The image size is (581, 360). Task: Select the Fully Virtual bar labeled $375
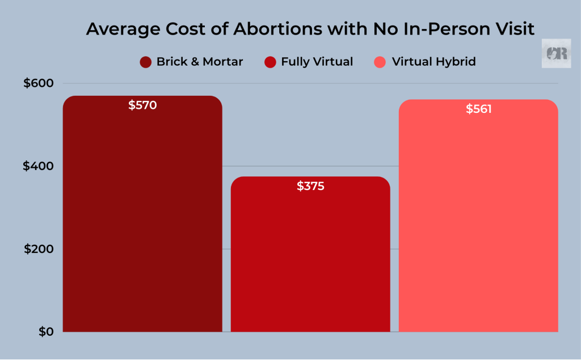[x=310, y=261]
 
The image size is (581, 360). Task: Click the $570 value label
[x=142, y=105]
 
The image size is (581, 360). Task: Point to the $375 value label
[x=310, y=186]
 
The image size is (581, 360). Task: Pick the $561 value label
[x=478, y=109]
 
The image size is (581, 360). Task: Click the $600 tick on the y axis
[x=38, y=83]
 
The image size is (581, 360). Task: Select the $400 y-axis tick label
[x=38, y=166]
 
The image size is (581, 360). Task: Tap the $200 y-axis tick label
[x=38, y=249]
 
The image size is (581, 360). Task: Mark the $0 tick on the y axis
[x=45, y=332]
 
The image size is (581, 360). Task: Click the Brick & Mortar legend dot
[x=146, y=62]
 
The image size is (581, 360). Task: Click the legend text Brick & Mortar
[x=199, y=62]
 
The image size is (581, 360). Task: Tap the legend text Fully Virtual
[x=317, y=62]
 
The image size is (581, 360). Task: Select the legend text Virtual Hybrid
[x=434, y=62]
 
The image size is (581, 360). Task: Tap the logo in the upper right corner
[x=555, y=53]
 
